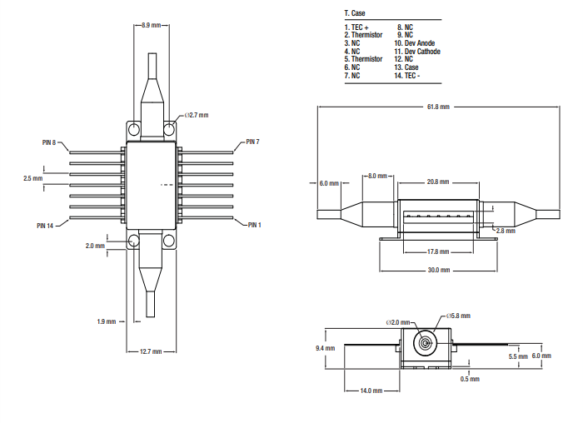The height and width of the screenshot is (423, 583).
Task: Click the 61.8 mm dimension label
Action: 438,107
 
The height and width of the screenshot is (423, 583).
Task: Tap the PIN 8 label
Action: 49,142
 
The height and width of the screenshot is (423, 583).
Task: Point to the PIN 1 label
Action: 253,225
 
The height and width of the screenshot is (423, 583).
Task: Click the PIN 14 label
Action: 45,225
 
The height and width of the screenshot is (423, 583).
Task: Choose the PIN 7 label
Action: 252,142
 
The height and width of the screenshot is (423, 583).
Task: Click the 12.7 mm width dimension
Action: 151,351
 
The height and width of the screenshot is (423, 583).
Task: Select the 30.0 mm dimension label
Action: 438,270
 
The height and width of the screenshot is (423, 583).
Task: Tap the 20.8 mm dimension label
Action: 438,182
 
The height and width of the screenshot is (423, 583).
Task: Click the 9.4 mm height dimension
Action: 325,348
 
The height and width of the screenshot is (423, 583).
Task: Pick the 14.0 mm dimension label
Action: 371,391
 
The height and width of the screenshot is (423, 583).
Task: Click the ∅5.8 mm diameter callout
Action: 458,316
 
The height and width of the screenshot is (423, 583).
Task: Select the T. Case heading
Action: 355,13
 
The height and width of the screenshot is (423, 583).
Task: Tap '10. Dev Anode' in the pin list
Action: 415,43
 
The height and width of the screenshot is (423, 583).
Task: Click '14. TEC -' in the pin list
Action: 407,75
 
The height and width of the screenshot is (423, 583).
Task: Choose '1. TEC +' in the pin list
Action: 356,27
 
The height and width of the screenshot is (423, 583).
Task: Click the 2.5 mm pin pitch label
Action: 33,178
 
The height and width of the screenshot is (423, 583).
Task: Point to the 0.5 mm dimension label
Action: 470,379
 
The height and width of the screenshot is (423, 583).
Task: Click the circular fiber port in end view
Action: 426,342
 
